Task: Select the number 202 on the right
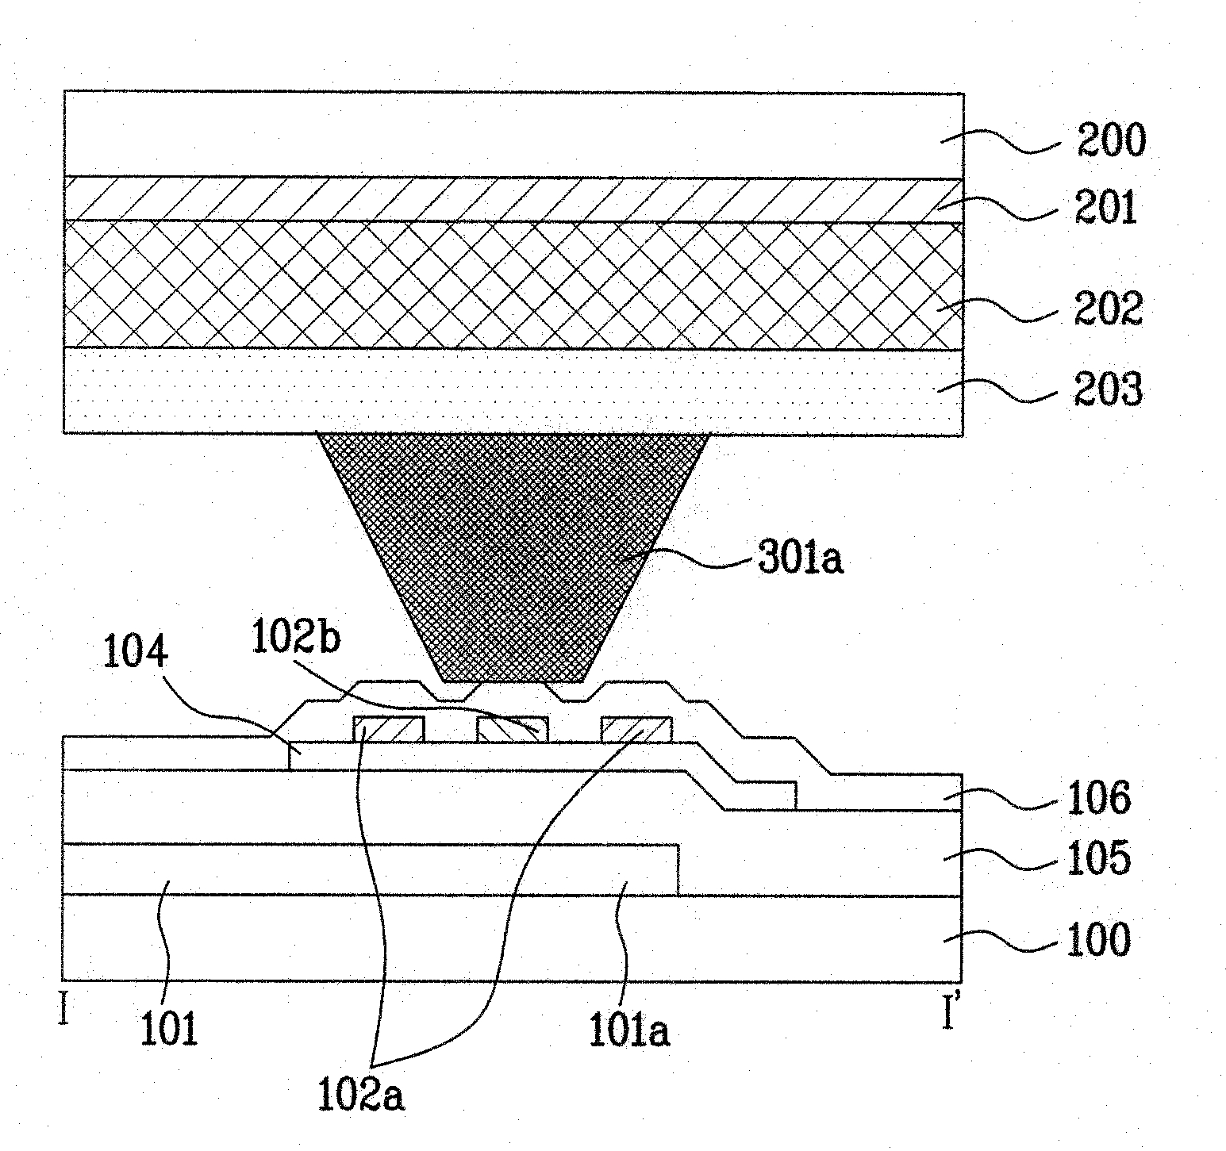(x=1108, y=309)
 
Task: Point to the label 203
(x=1108, y=389)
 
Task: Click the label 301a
(x=799, y=558)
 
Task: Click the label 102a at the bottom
(x=361, y=1095)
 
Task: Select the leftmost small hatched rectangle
(x=389, y=729)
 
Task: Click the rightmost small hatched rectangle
(x=636, y=729)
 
